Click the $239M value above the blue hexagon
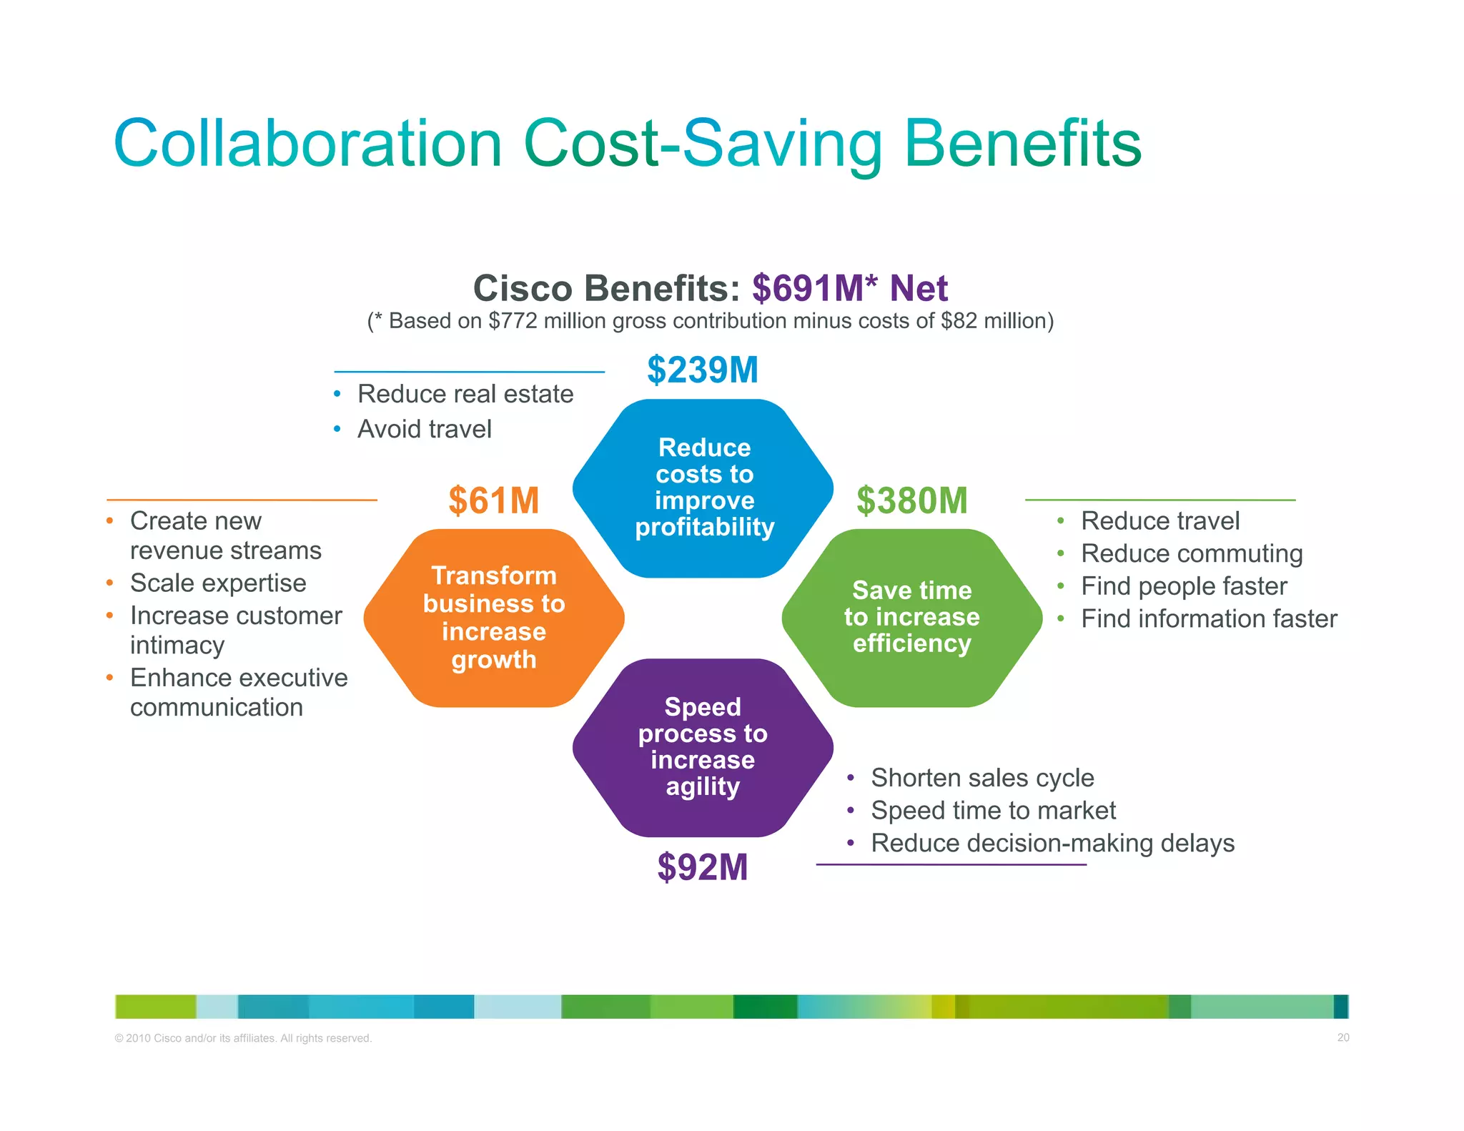click(x=702, y=370)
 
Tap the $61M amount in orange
click(x=493, y=500)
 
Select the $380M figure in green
click(x=911, y=500)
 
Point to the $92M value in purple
click(x=702, y=867)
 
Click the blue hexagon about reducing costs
click(x=703, y=488)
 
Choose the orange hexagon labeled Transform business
click(x=494, y=618)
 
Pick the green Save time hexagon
click(x=911, y=617)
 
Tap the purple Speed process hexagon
click(x=703, y=747)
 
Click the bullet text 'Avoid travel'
click(x=424, y=429)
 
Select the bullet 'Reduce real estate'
click(x=465, y=394)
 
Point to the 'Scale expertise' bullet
click(x=217, y=583)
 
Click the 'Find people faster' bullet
click(x=1183, y=586)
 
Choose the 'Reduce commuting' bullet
click(x=1191, y=553)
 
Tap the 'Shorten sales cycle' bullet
click(x=982, y=778)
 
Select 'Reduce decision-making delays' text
click(x=1052, y=844)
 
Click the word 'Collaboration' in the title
click(x=307, y=144)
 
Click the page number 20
click(x=1342, y=1037)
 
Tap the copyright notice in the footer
click(x=243, y=1038)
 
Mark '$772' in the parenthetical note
click(x=513, y=321)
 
